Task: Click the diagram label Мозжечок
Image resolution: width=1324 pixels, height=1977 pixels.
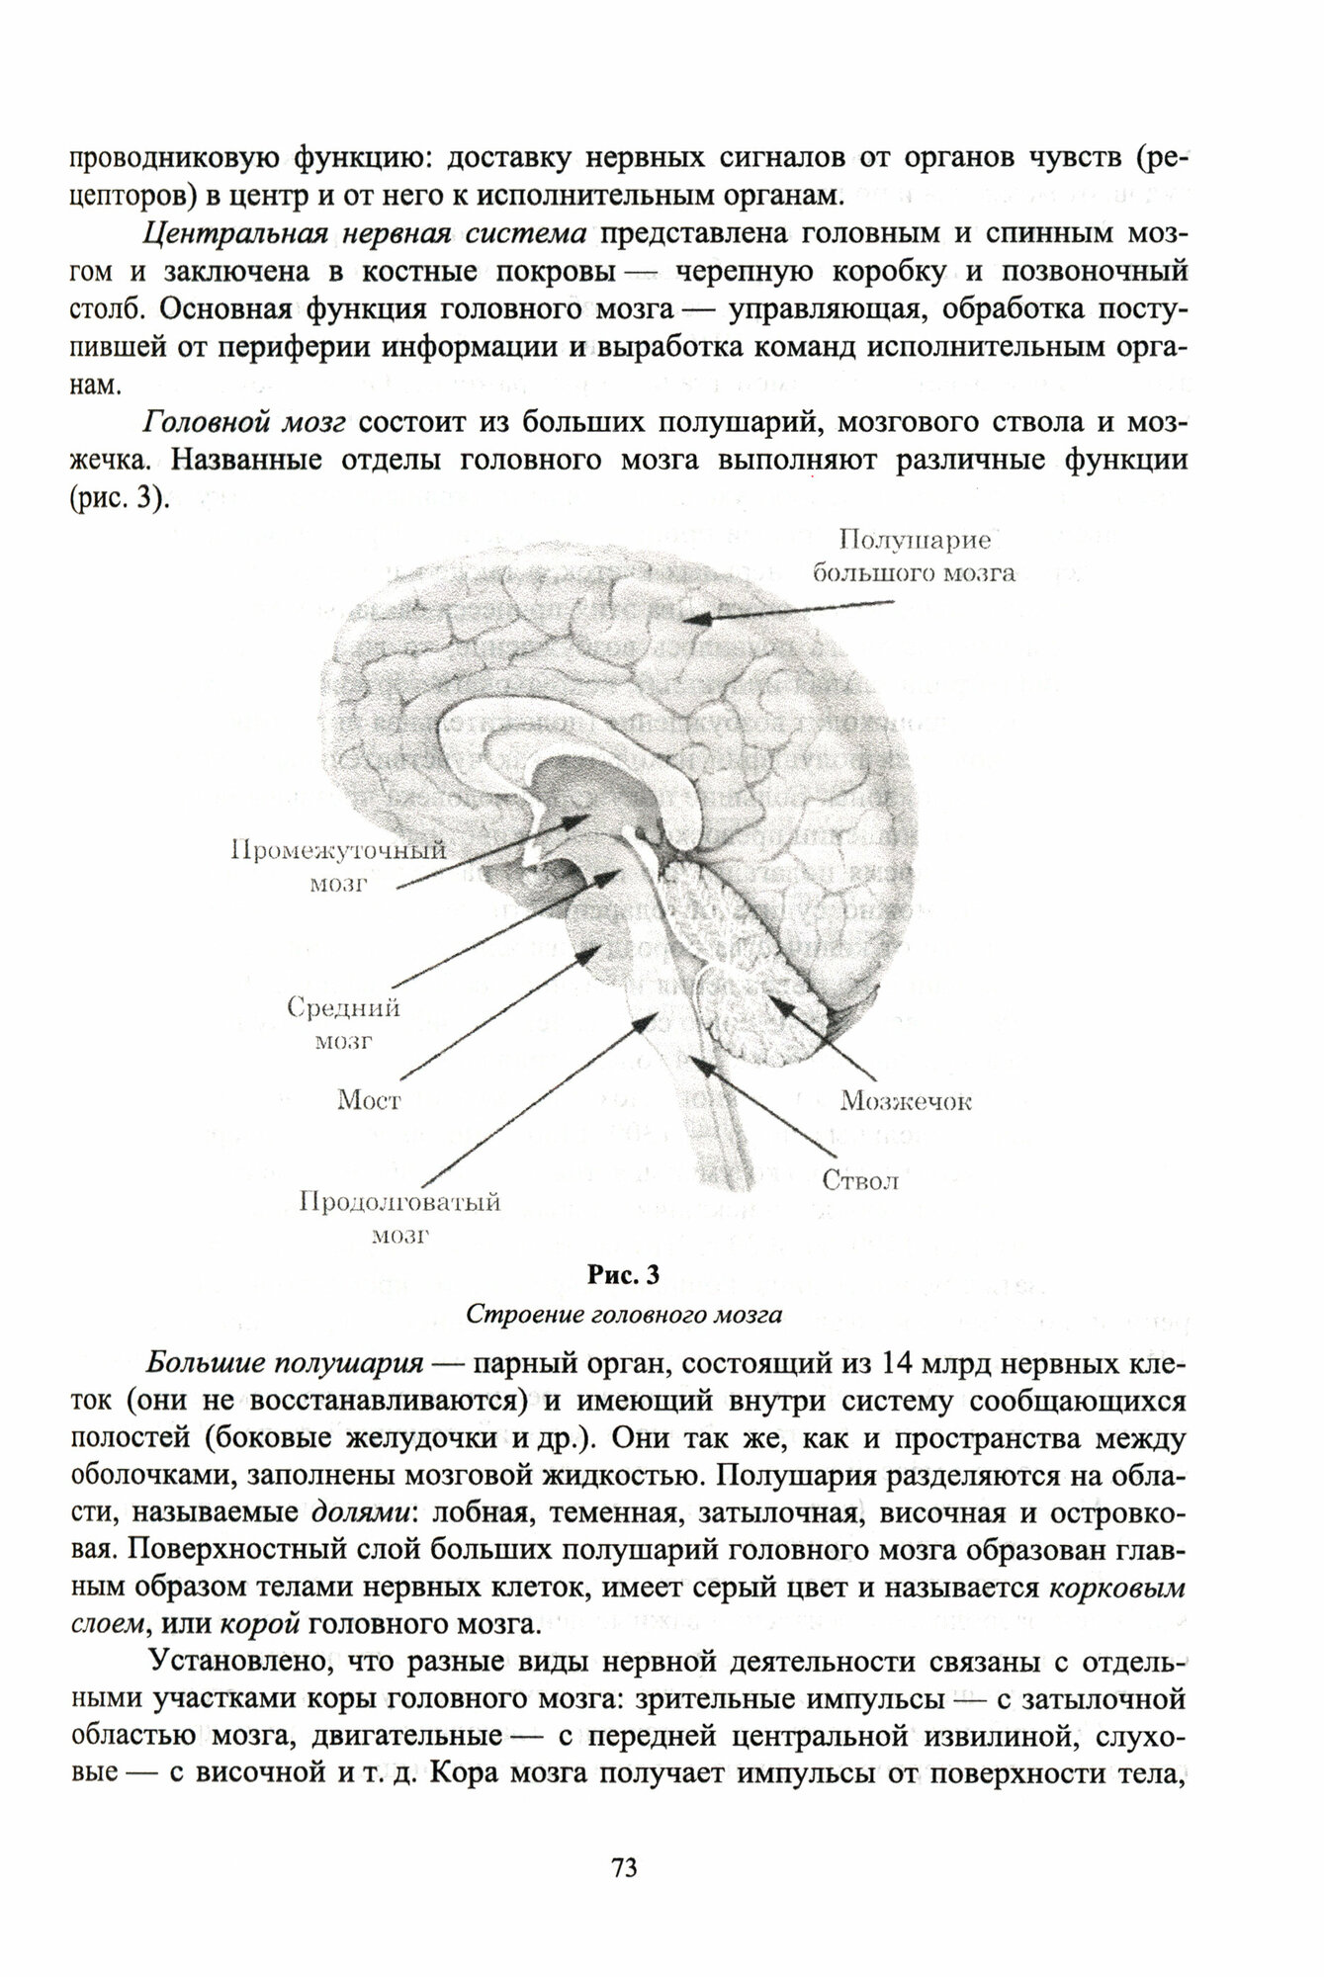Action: [x=905, y=1101]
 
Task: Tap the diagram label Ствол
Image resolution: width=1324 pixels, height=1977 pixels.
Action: [x=860, y=1180]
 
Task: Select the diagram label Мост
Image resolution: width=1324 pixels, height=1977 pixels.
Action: [x=368, y=1100]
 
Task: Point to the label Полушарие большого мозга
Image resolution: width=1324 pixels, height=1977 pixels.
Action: [x=913, y=557]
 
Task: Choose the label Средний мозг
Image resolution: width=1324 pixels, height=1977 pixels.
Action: [x=343, y=1024]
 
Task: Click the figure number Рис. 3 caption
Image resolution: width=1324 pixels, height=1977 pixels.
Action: [x=623, y=1275]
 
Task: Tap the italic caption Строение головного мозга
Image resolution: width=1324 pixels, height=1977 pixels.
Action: [x=624, y=1315]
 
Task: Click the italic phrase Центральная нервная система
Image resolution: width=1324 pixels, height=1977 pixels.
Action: [x=366, y=232]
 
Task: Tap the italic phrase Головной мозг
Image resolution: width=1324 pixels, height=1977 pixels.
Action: [x=244, y=423]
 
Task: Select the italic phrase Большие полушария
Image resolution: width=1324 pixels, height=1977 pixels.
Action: [x=285, y=1363]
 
